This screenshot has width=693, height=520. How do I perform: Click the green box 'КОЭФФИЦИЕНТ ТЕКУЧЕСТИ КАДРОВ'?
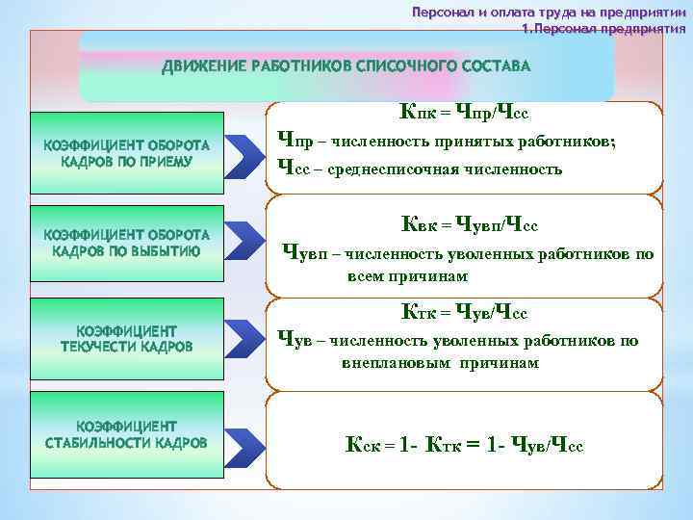[x=126, y=337]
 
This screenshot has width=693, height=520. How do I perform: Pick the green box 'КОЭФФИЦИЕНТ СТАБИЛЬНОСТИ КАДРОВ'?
[x=126, y=434]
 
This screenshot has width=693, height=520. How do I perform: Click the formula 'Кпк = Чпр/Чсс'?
[x=464, y=114]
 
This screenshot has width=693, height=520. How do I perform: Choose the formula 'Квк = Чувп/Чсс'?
[x=470, y=225]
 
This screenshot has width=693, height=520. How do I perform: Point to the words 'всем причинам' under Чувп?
[x=407, y=276]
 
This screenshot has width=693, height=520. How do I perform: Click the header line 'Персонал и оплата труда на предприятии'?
[x=549, y=13]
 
